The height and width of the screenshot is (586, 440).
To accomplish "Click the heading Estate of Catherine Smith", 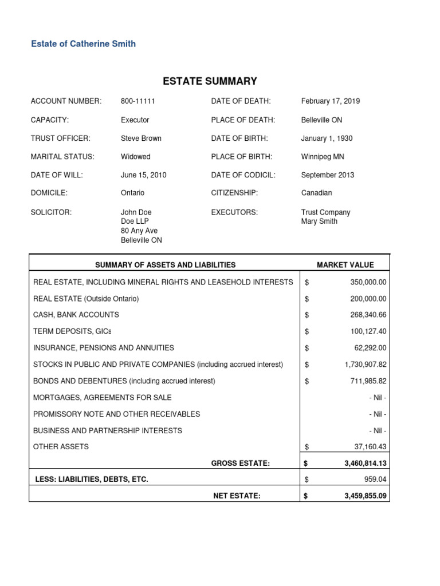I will [x=83, y=43].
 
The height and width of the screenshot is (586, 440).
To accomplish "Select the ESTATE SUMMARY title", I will [x=210, y=81].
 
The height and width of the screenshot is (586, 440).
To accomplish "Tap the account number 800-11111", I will [x=138, y=101].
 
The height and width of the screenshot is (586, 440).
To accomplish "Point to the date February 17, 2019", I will [x=331, y=101].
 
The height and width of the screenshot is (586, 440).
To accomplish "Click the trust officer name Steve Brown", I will [x=141, y=138].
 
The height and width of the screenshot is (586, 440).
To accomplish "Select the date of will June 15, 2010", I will [x=143, y=175].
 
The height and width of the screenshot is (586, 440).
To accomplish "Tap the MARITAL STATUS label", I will [x=62, y=156].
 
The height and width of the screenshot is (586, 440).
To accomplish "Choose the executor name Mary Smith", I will [x=319, y=221].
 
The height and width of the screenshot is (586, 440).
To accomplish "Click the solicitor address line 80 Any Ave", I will [x=139, y=231].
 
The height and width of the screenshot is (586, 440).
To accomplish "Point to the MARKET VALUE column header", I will [x=345, y=265].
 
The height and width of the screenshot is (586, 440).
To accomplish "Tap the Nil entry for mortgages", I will [x=378, y=397].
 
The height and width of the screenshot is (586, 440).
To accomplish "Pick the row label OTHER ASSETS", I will [x=61, y=446].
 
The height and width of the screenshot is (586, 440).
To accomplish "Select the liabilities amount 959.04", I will [x=375, y=479].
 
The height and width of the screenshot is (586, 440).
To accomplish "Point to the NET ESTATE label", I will [x=237, y=496].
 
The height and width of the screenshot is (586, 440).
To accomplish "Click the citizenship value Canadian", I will [x=316, y=193].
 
